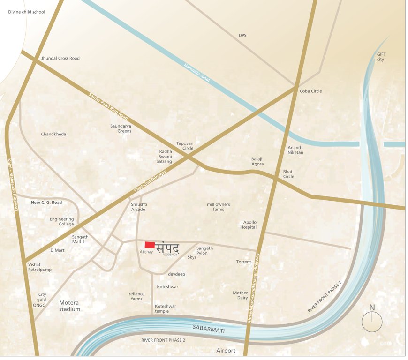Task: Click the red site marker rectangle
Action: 150,244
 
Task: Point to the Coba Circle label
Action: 310,91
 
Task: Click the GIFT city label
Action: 380,57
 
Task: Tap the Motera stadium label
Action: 69,306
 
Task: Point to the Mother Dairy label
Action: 240,295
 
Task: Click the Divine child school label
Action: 27,12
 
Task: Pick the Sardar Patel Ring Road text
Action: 108,106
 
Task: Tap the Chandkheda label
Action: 53,134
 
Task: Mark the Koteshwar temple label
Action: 166,308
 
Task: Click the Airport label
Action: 226,351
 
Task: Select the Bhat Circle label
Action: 288,173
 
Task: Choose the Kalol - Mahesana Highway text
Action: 13,186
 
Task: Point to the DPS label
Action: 242,35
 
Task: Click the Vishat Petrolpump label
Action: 39,267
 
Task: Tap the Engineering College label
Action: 62,221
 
